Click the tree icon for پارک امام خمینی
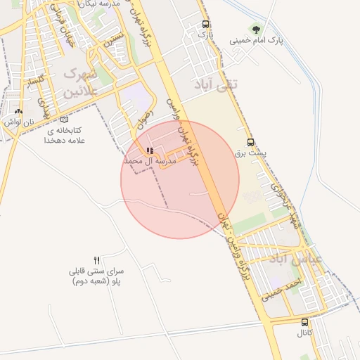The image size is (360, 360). point(255,30)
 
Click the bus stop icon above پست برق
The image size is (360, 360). point(251,143)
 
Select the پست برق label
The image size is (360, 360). point(262,153)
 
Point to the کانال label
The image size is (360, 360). point(304,332)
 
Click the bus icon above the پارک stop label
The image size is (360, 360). point(204,23)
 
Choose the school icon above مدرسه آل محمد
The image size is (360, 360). point(149,150)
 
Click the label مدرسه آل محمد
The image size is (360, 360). point(149,161)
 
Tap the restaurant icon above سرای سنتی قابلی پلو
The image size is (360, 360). point(98,260)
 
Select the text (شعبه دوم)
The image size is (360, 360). point(88,281)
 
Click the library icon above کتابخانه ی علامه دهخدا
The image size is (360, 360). point(65,120)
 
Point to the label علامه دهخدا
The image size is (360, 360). point(65,141)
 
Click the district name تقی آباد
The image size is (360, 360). point(217,84)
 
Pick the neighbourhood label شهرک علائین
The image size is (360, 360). point(82,82)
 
